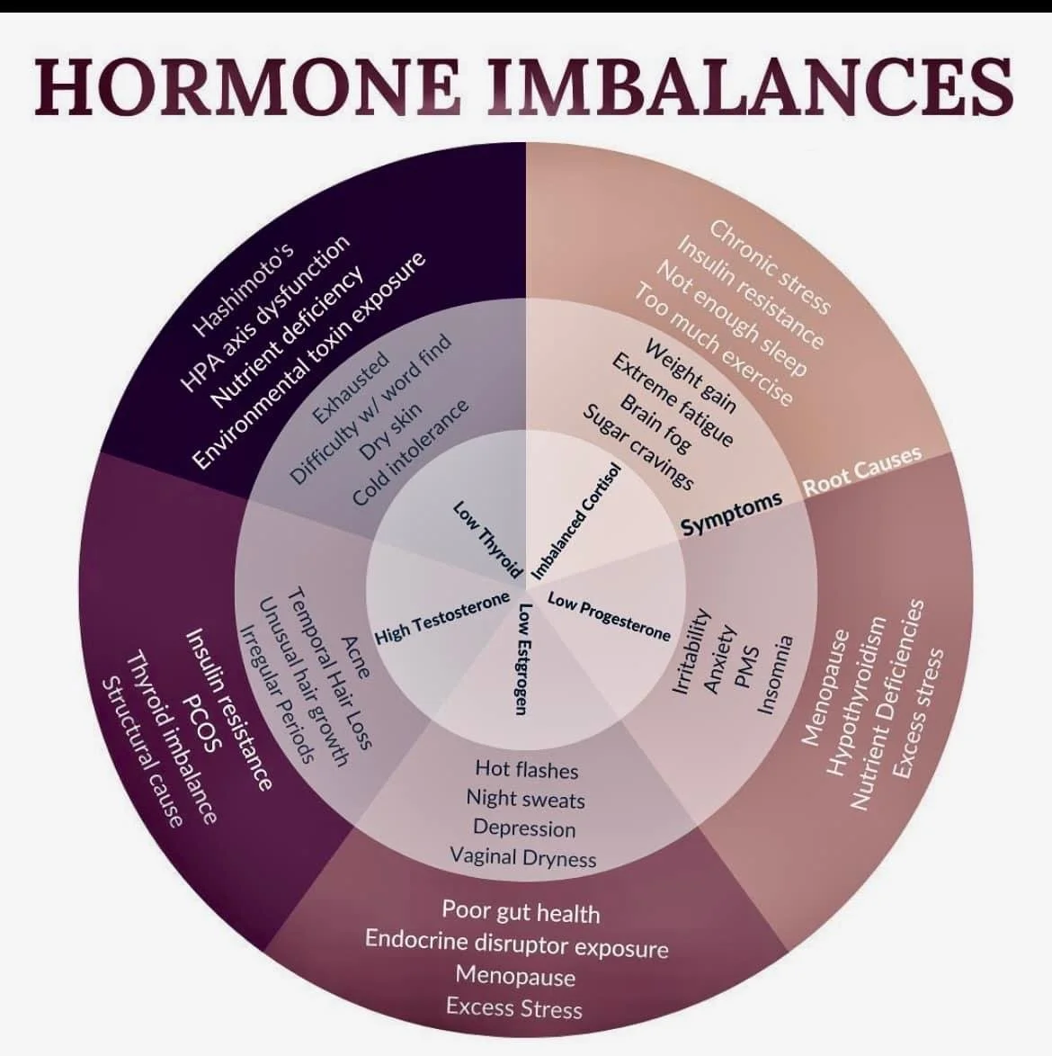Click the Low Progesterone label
pos(609,616)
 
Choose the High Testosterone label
pos(441,618)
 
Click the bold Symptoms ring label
pos(731,513)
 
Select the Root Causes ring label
pos(861,470)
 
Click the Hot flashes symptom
pos(526,769)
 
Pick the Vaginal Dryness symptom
pos(523,856)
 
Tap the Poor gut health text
pos(521,911)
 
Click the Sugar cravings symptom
pos(638,447)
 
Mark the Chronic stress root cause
pos(769,266)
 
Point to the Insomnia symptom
pos(775,675)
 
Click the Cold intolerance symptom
pos(411,452)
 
